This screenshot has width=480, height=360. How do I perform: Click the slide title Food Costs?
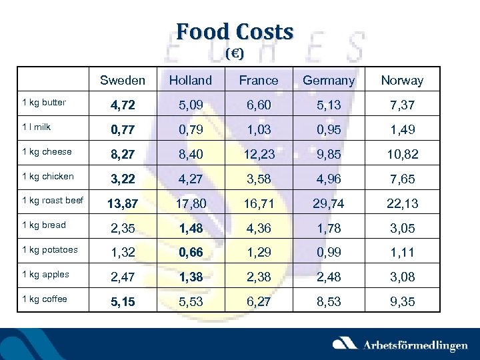pyautogui.click(x=235, y=31)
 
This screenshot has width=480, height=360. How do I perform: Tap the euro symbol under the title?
pyautogui.click(x=234, y=53)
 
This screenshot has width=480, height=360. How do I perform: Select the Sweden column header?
pyautogui.click(x=123, y=81)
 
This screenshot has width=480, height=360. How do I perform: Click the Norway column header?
pyautogui.click(x=402, y=81)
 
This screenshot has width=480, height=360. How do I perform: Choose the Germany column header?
pyautogui.click(x=329, y=81)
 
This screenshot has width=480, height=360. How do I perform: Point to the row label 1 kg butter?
pyautogui.click(x=44, y=103)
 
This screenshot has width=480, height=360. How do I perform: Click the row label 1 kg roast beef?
pyautogui.click(x=53, y=201)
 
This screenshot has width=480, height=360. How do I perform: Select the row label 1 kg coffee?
pyautogui.click(x=45, y=299)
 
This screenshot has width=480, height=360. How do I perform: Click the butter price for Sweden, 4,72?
pyautogui.click(x=123, y=105)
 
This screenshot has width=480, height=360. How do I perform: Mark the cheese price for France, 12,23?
pyautogui.click(x=259, y=154)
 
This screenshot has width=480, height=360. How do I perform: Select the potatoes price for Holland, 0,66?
pyautogui.click(x=190, y=253)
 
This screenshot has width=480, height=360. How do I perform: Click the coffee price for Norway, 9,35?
pyautogui.click(x=402, y=302)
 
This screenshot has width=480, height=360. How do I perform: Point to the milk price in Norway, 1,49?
pyautogui.click(x=402, y=129)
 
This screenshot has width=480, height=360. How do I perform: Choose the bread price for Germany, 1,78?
pyautogui.click(x=329, y=228)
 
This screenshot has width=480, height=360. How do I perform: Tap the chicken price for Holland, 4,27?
pyautogui.click(x=190, y=179)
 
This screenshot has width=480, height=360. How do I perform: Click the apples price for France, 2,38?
pyautogui.click(x=259, y=277)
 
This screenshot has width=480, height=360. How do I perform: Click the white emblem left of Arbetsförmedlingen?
pyautogui.click(x=345, y=343)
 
